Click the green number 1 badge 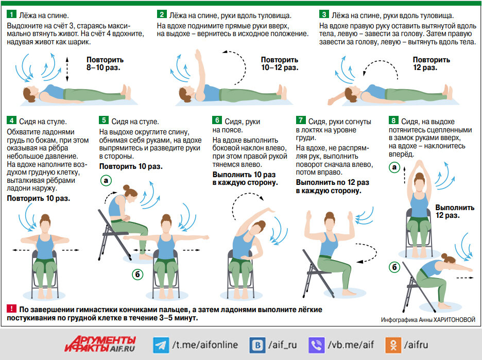pos(11,14)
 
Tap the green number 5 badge pos(104,120)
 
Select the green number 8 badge pos(393,120)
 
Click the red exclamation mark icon pos(11,308)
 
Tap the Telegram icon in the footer pos(161,345)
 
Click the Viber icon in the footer pos(316,345)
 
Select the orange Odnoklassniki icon pos(393,345)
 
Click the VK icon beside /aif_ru pos(257,345)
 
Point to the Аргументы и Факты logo pos(100,344)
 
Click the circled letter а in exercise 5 pos(106,180)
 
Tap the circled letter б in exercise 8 pos(394,267)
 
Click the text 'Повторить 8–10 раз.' pos(105,64)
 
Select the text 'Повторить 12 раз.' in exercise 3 pos(432,64)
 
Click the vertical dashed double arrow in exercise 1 pos(67,69)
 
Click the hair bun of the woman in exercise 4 pos(45,216)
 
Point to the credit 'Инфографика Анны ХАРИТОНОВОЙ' pos(428,320)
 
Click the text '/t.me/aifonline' pos(205,345)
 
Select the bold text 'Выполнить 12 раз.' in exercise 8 pos(455,212)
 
